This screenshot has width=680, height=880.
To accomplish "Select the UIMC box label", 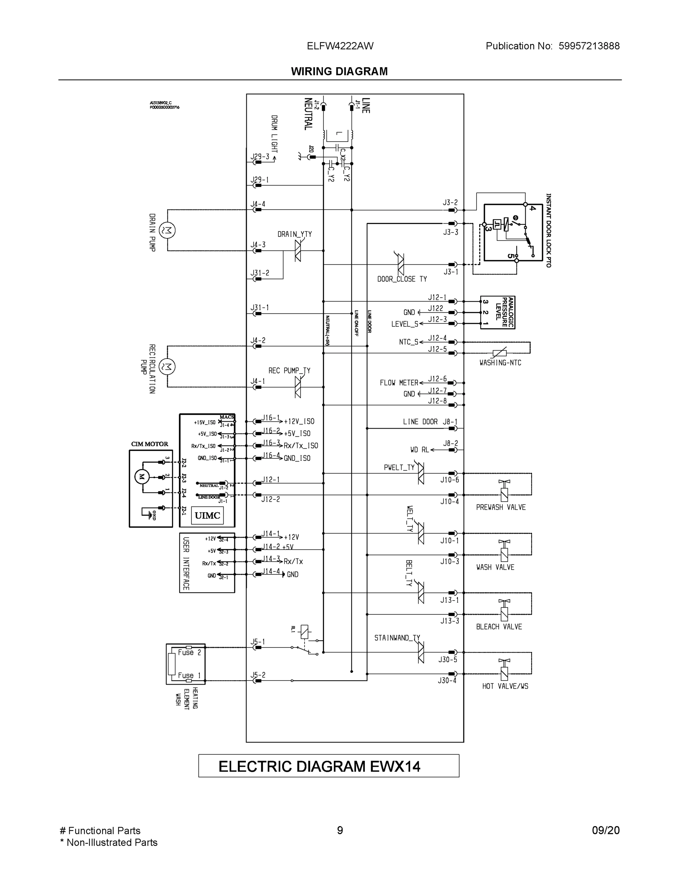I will [207, 515].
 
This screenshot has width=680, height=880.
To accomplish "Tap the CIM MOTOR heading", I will [150, 444].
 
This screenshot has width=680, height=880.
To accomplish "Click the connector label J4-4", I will [258, 204].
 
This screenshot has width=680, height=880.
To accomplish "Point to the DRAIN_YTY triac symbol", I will [298, 251].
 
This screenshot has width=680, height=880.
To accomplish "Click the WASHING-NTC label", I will [500, 363].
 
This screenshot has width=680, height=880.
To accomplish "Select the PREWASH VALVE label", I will [501, 507].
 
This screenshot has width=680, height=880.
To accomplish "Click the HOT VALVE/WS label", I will [505, 686].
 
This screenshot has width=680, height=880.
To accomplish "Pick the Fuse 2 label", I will [189, 652].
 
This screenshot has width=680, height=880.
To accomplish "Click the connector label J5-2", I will [258, 675].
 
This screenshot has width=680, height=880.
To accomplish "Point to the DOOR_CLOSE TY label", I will [402, 279].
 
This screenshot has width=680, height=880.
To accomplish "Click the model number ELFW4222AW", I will [340, 46].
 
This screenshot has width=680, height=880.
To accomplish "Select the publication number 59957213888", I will [589, 46].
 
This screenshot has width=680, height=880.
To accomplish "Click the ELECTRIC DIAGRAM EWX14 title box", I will [328, 766].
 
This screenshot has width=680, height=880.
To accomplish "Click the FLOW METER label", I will [399, 383].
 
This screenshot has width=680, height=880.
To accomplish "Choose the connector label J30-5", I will [448, 660].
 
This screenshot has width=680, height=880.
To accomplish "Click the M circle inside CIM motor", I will [142, 477].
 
